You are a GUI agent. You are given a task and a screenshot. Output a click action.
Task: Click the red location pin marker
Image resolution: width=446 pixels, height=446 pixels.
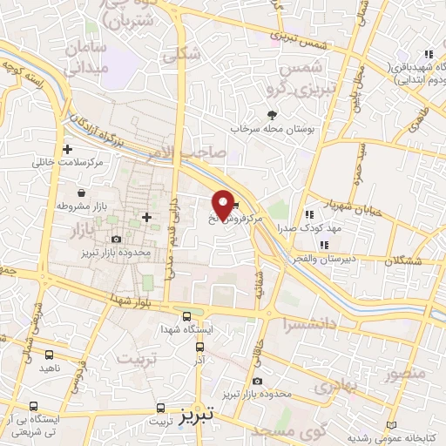click(x=224, y=204)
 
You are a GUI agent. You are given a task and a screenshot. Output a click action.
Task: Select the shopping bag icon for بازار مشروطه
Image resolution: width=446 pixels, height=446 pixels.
click(x=80, y=193)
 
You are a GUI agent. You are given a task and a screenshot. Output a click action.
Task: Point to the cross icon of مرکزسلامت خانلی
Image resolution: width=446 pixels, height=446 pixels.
click(x=67, y=149)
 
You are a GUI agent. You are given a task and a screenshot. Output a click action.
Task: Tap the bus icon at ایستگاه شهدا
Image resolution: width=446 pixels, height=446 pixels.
click(x=186, y=315)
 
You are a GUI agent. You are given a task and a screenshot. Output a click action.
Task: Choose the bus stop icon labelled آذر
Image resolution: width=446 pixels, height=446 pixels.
click(x=199, y=344)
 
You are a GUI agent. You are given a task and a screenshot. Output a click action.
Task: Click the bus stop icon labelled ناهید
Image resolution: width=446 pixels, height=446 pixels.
click(x=49, y=355)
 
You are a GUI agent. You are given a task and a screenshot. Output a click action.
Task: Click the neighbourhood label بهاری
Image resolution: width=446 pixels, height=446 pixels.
click(x=332, y=387)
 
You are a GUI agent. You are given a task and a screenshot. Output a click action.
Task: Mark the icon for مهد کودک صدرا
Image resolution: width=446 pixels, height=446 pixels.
click(x=309, y=215)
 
